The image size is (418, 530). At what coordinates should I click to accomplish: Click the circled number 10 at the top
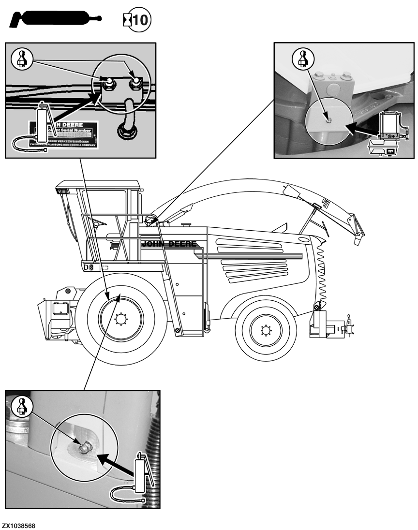pyautogui.click(x=141, y=21)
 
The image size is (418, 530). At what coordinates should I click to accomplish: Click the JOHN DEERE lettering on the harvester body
pyautogui.click(x=169, y=244)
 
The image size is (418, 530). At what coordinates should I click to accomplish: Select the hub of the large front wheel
pyautogui.click(x=119, y=319)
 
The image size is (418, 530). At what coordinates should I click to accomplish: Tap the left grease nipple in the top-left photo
pyautogui.click(x=109, y=83)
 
